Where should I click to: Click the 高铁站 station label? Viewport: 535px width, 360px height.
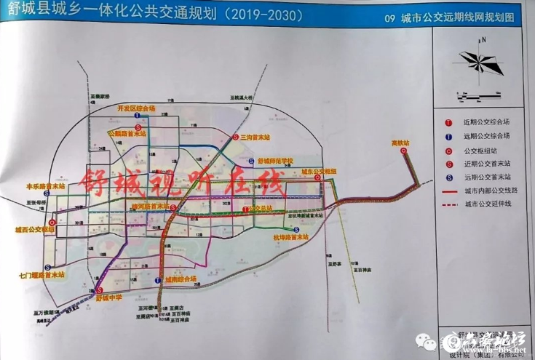point(401,143)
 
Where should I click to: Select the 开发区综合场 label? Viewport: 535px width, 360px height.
point(136,108)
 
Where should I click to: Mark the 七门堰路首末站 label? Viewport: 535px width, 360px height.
point(42,275)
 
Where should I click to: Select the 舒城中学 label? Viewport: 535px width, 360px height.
point(111,297)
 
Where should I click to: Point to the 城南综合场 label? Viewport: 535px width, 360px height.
point(181,279)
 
